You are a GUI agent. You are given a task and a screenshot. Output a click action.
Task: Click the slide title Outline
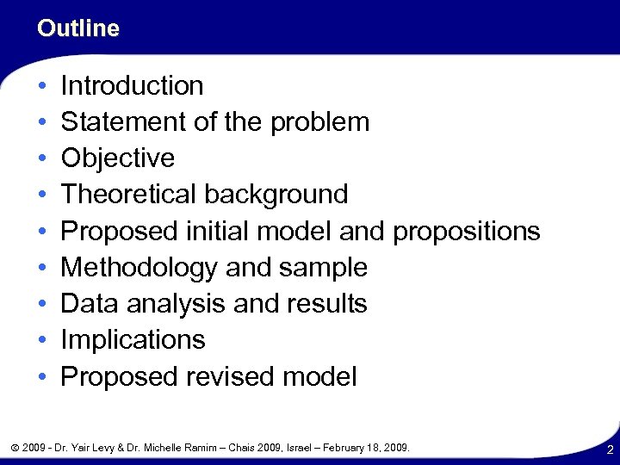(x=78, y=28)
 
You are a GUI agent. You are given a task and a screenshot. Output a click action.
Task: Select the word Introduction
(x=132, y=85)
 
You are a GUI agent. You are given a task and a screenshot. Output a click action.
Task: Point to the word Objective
(x=118, y=158)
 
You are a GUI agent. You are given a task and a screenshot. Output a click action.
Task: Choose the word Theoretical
(x=129, y=195)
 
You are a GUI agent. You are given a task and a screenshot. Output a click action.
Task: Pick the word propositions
(x=465, y=232)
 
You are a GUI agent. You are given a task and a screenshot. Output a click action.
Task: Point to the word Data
(x=87, y=304)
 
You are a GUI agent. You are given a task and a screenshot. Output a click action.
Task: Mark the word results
(x=328, y=304)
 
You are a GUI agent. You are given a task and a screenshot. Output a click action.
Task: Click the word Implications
(x=133, y=340)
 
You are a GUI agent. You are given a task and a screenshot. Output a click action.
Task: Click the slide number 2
(x=609, y=449)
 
